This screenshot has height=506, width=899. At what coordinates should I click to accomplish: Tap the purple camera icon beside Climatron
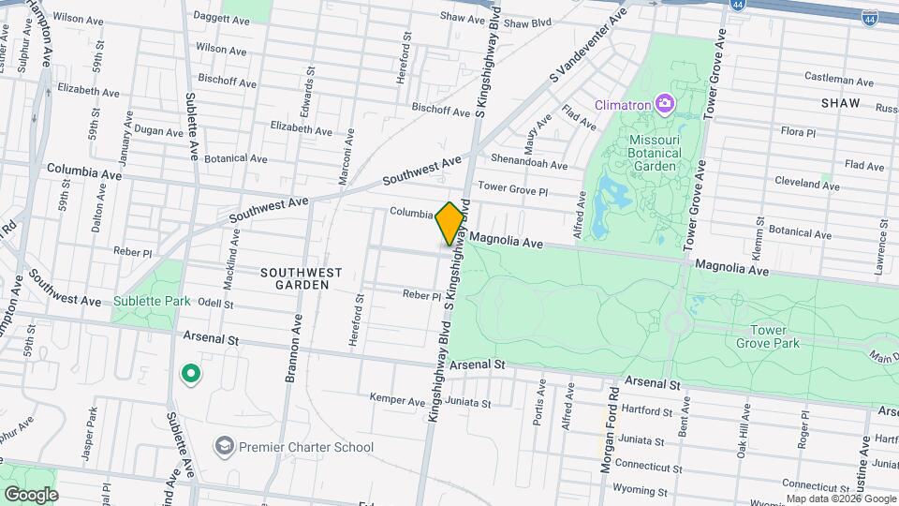[x=664, y=102]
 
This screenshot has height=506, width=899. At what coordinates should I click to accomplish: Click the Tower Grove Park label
[x=774, y=336]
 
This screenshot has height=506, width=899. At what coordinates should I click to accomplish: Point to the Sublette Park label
[x=152, y=301]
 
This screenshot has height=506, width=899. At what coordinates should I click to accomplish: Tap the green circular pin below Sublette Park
[x=191, y=375]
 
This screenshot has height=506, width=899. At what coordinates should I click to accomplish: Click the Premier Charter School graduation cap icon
[x=224, y=447]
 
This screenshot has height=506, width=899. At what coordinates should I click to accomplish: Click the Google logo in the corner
[x=31, y=494]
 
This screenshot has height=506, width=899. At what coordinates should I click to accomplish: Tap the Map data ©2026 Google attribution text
[x=840, y=499]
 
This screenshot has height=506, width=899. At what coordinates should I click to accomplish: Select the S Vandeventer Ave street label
[x=587, y=44]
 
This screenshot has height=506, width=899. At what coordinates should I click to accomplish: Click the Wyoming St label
[x=640, y=489]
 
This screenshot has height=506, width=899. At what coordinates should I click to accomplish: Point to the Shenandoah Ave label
[x=530, y=164]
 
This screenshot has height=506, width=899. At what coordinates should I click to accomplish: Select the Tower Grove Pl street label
[x=511, y=187]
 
